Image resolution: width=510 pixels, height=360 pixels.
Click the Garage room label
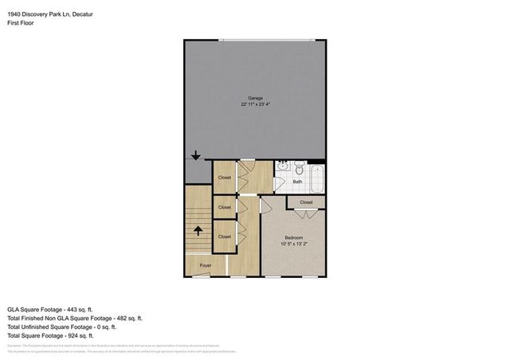255,98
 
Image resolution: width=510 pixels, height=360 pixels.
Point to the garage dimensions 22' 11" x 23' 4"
255,104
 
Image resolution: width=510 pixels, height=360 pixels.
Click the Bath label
297,182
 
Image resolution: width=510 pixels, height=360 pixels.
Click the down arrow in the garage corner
196,156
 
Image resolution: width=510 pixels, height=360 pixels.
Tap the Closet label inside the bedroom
306,203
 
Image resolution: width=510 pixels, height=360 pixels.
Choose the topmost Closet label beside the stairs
225,177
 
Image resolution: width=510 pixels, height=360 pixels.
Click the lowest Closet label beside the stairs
225,237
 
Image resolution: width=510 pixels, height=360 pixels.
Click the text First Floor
22,23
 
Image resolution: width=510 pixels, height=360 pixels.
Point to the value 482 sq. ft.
124,318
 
